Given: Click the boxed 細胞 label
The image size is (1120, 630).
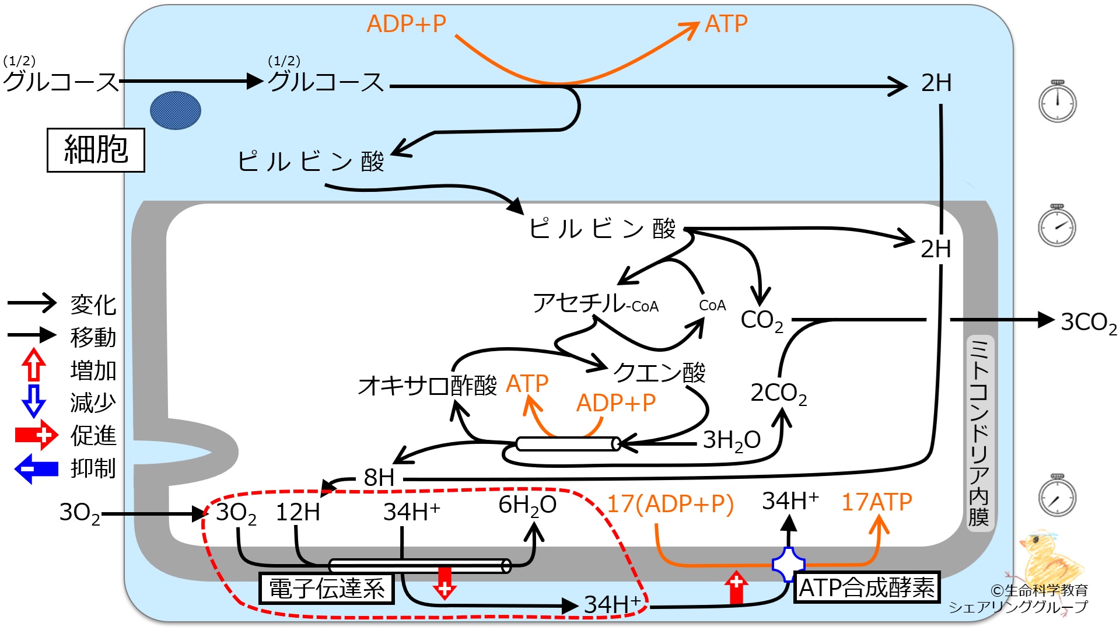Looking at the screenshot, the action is click(x=96, y=150).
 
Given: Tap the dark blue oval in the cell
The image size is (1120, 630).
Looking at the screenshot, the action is click(x=176, y=110).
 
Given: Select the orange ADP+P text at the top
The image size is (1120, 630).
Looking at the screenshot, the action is click(x=407, y=24).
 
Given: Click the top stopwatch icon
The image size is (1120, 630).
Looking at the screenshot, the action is click(x=1058, y=101).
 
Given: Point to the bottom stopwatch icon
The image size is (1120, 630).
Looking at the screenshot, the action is click(x=1058, y=496).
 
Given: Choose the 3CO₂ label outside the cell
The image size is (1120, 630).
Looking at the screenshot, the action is click(x=1088, y=322).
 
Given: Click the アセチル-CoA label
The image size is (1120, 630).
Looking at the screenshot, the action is click(x=596, y=303).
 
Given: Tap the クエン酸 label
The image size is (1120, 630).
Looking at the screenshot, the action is click(x=659, y=372).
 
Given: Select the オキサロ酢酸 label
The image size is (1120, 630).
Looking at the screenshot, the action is click(x=428, y=385).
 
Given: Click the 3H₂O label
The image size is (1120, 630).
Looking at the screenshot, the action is click(x=731, y=440).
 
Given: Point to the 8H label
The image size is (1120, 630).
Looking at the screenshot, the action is click(x=379, y=478).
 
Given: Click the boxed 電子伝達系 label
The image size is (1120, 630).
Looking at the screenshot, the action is click(x=327, y=588).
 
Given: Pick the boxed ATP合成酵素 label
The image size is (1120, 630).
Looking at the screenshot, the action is click(x=867, y=587).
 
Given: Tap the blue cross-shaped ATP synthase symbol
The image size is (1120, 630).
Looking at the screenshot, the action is click(x=789, y=565).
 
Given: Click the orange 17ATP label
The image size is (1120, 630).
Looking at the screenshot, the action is click(x=877, y=502).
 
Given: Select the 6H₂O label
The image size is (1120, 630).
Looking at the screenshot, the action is click(x=527, y=505).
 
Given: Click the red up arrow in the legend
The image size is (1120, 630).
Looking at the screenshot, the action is click(x=34, y=365).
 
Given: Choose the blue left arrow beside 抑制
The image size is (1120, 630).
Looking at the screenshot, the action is click(x=36, y=469).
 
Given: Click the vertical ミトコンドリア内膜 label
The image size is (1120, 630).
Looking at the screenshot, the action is click(x=979, y=432).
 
